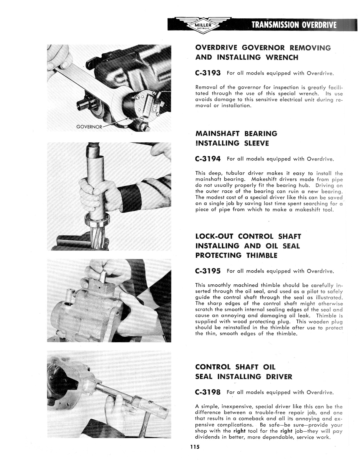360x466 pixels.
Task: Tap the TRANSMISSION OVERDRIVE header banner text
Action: click(x=294, y=25)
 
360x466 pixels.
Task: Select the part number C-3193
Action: click(x=208, y=73)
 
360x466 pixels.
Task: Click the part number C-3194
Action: click(x=208, y=159)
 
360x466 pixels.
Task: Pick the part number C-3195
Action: click(x=208, y=271)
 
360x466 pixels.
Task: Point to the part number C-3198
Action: click(x=208, y=392)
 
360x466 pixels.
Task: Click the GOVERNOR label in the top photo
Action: click(x=89, y=127)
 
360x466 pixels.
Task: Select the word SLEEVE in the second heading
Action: click(x=256, y=143)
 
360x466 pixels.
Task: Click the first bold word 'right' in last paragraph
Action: click(x=239, y=431)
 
